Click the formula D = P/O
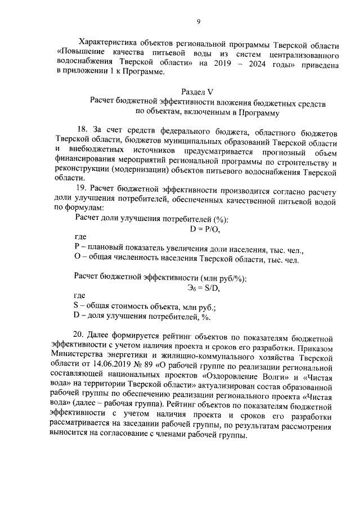click(205, 229)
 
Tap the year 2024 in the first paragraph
click(260, 65)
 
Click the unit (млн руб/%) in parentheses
click(223, 278)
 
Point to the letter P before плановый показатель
click(77, 249)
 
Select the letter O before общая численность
click(78, 259)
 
